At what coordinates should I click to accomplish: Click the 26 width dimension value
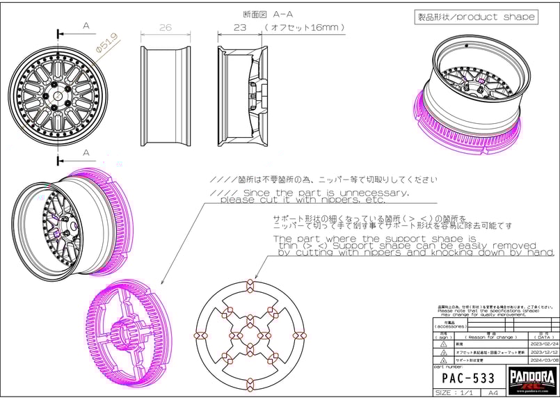(165, 28)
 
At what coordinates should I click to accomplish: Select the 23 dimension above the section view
(239, 28)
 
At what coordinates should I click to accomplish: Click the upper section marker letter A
(86, 26)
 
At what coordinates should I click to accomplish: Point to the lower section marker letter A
(86, 152)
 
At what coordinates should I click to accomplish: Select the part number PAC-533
(469, 378)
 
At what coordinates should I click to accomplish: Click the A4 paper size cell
(493, 393)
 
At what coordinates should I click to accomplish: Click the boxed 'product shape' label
(476, 17)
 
